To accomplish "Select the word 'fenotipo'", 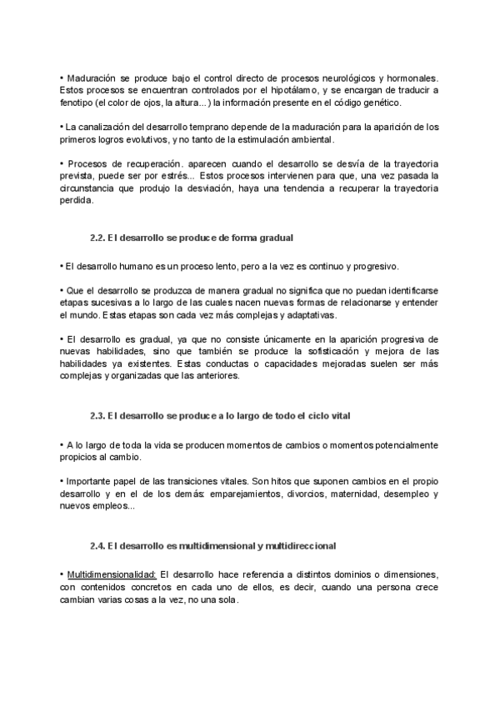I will (x=77, y=103).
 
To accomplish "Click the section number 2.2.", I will (x=98, y=238).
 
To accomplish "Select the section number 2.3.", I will (x=98, y=415).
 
